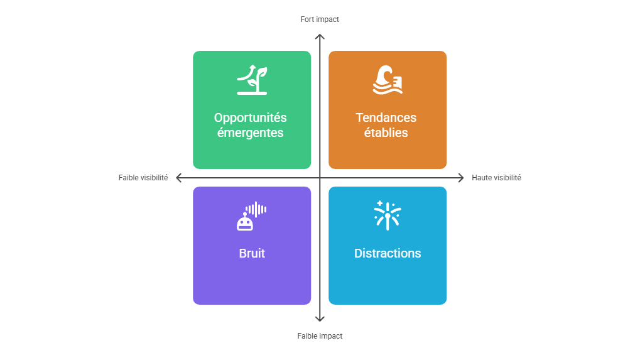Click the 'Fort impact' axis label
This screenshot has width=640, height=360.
click(320, 19)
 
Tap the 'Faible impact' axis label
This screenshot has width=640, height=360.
click(320, 336)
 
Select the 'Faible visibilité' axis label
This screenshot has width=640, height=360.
click(143, 178)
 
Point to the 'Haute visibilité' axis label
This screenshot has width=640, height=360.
click(496, 178)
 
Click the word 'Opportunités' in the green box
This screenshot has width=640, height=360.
click(250, 117)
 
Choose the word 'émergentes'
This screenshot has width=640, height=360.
click(250, 133)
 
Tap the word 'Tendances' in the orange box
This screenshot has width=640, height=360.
click(386, 117)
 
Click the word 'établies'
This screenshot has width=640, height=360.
click(386, 133)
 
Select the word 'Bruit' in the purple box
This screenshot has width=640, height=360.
click(252, 253)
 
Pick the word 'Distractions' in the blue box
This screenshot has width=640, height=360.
click(388, 253)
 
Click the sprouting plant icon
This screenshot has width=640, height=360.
click(252, 79)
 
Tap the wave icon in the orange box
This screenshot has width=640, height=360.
click(388, 80)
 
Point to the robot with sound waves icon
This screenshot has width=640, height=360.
click(252, 216)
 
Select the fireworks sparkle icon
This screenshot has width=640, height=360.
click(388, 215)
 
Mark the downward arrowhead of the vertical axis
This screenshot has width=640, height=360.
click(320, 319)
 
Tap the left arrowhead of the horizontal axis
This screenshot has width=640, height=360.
click(178, 178)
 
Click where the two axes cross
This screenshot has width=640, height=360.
click(320, 178)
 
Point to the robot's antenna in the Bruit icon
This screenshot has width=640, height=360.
click(245, 214)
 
